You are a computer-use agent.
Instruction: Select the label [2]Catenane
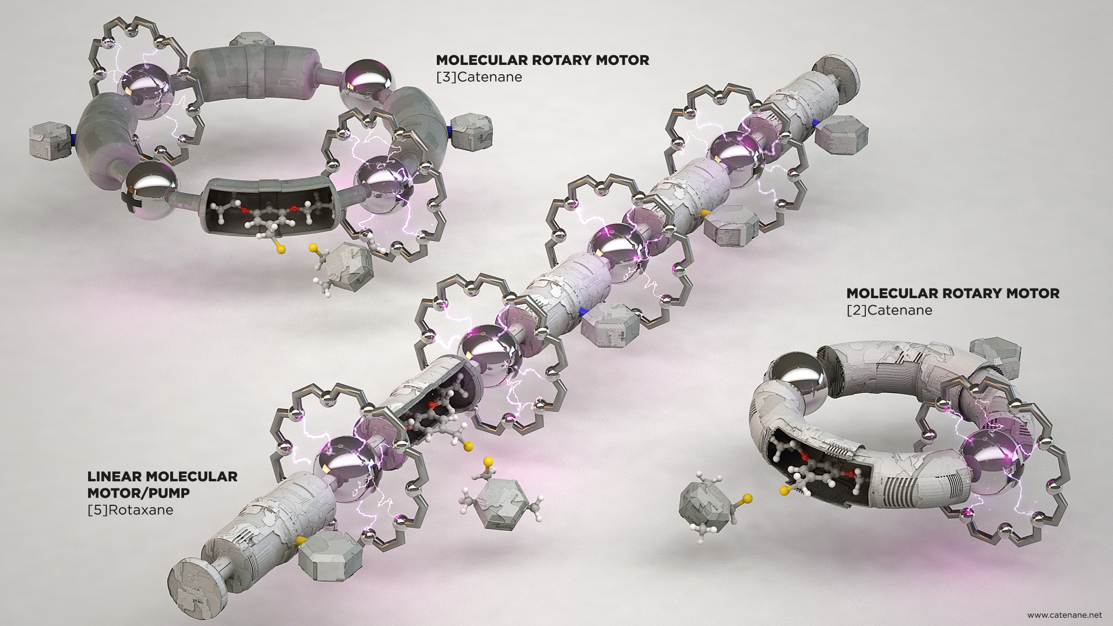(889, 310)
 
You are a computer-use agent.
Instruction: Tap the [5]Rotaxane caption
(130, 510)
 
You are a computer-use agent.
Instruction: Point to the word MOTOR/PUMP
(139, 493)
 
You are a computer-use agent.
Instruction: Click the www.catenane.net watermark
(1062, 615)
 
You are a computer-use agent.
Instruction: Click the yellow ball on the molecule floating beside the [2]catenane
(747, 499)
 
